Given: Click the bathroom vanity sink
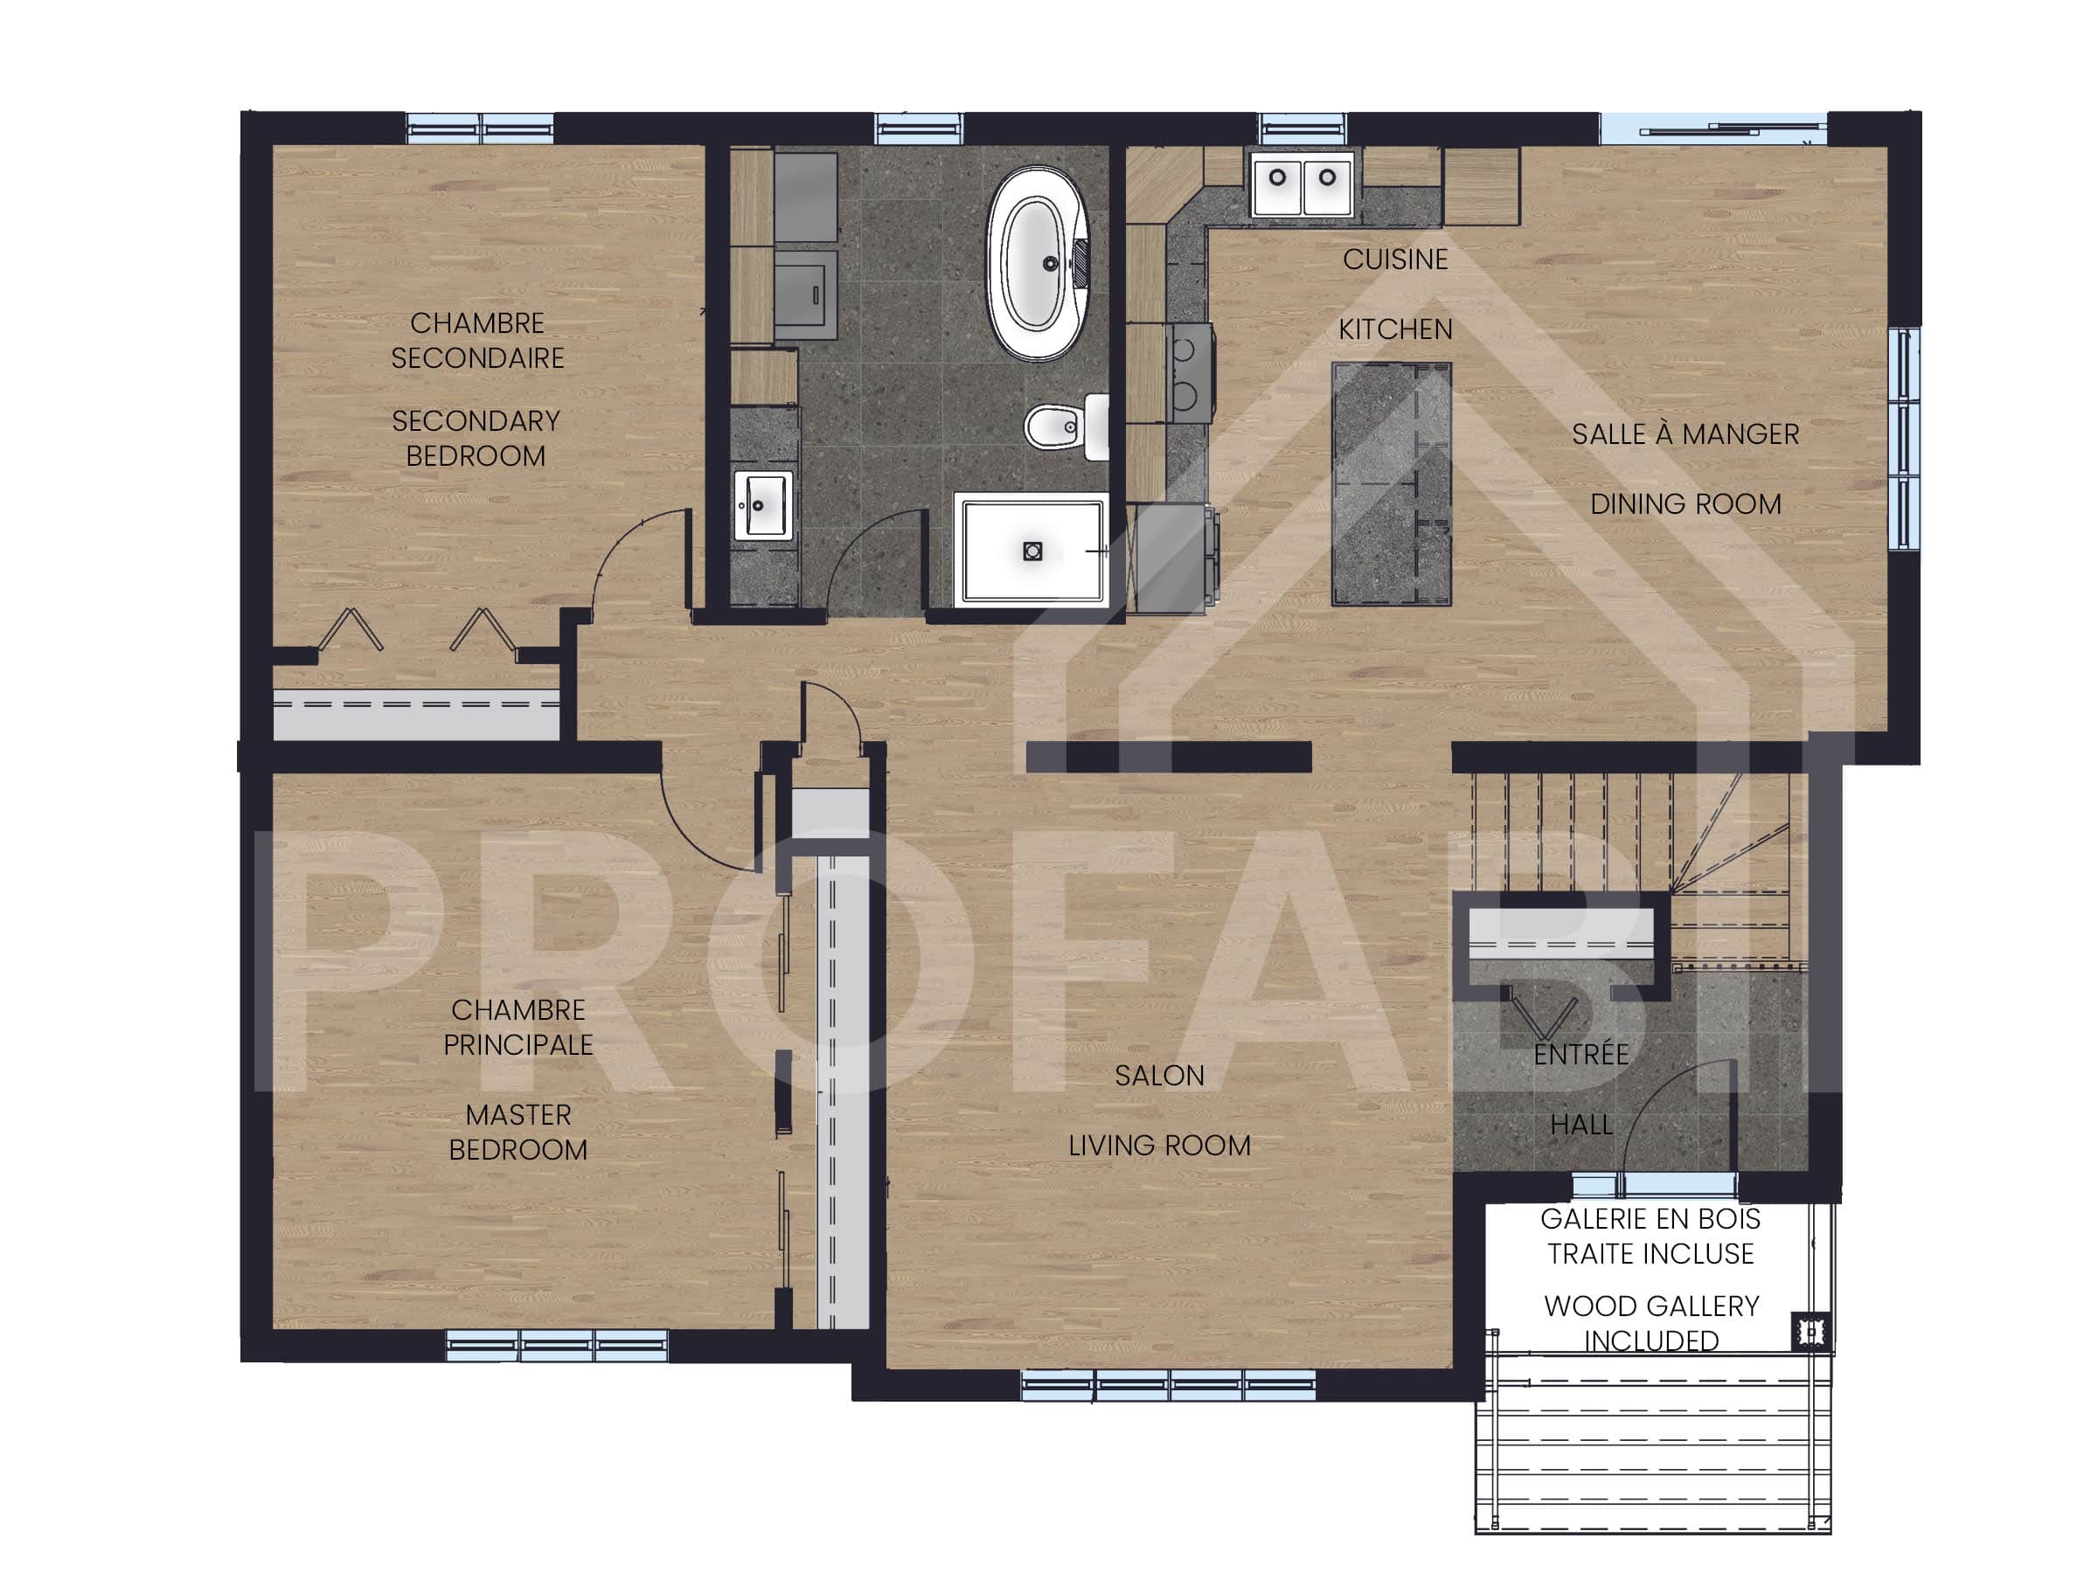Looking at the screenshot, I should [761, 504].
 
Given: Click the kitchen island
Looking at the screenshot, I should [1391, 483].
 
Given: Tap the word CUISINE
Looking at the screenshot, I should [1394, 260].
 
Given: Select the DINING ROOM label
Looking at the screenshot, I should [1685, 504].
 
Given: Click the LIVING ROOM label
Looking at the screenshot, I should [1158, 1146].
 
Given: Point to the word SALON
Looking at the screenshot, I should [1158, 1075].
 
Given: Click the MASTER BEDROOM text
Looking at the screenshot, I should [518, 1132].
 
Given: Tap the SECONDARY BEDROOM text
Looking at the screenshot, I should [476, 438].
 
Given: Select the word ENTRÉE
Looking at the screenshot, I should [1580, 1055].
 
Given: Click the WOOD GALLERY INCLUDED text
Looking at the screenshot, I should [1650, 1323].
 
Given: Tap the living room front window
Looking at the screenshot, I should [1168, 1387].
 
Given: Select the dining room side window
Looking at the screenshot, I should [1901, 439].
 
